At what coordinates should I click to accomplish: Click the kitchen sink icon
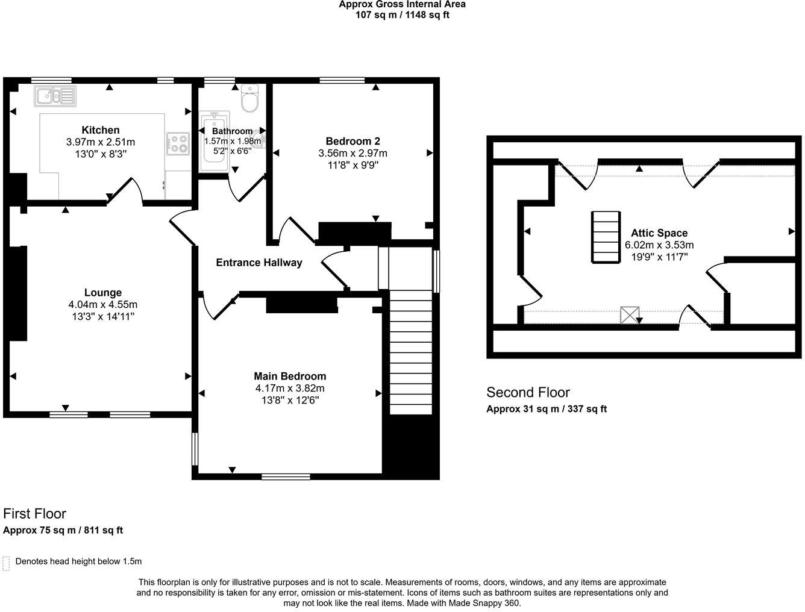(55, 96)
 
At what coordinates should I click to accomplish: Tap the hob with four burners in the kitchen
(178, 143)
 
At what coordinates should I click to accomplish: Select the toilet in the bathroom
(249, 99)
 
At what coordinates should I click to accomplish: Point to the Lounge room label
(102, 293)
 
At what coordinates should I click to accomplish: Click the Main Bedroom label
(290, 376)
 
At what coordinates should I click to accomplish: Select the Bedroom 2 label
(352, 142)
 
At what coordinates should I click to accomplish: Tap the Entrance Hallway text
(259, 263)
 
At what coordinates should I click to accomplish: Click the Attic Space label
(659, 233)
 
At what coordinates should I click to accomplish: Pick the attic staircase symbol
(606, 237)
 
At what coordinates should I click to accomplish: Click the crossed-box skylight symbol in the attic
(630, 315)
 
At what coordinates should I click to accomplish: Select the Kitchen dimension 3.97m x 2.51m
(101, 142)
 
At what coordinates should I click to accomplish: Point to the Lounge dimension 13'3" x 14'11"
(102, 316)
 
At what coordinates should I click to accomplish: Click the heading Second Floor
(528, 393)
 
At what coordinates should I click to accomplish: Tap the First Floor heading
(35, 514)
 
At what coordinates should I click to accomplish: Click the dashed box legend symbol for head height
(7, 563)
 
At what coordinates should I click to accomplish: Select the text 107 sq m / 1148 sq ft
(402, 15)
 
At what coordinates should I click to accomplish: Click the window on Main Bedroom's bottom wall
(286, 476)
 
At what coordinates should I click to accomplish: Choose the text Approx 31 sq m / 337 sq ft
(546, 409)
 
